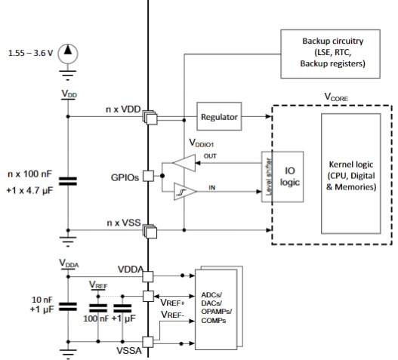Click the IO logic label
point(289,177)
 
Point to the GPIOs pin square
point(148,176)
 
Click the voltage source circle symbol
point(68,54)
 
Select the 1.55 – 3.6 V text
point(31,53)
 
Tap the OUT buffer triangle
point(184,163)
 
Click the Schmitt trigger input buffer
point(185,192)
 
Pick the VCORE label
point(336,97)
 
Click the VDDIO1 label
point(202,143)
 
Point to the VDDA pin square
point(148,276)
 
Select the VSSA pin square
point(148,342)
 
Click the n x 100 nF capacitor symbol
point(68,181)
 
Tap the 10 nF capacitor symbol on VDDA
point(68,306)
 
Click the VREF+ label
point(173,303)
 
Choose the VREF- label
point(173,315)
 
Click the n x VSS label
point(124,223)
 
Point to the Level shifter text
point(268,177)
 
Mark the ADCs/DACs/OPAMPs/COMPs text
point(216,308)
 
